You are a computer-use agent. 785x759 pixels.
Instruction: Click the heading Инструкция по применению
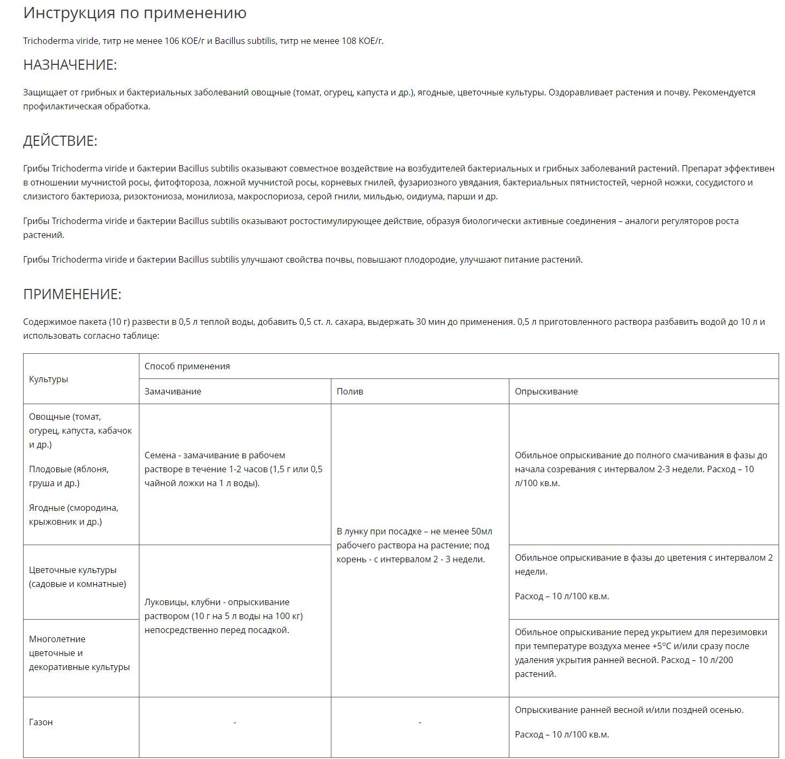135,13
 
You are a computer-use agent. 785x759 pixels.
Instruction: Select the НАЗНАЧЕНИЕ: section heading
70,65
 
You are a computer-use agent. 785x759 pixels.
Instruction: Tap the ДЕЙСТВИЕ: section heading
60,141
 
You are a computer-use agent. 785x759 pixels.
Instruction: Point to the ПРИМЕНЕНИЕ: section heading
72,294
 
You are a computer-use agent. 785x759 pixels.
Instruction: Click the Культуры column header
48,379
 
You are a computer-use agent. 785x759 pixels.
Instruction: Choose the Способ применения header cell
187,366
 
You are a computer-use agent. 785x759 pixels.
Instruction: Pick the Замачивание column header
173,391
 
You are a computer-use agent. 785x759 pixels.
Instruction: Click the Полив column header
350,391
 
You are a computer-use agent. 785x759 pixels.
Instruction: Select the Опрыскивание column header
546,391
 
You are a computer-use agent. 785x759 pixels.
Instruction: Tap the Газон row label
41,722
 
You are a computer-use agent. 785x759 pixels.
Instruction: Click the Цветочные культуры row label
77,577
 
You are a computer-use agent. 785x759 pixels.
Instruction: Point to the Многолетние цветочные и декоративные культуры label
79,653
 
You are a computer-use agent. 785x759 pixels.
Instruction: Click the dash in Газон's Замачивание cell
235,723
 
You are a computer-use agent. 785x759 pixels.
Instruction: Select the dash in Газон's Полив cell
420,723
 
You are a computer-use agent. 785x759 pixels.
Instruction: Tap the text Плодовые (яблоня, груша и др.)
69,476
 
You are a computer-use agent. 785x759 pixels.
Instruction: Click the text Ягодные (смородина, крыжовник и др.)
73,515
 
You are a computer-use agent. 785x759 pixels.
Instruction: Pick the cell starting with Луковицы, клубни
224,616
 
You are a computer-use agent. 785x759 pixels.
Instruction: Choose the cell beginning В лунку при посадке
414,545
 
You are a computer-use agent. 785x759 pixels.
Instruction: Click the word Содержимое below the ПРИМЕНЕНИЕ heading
49,322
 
